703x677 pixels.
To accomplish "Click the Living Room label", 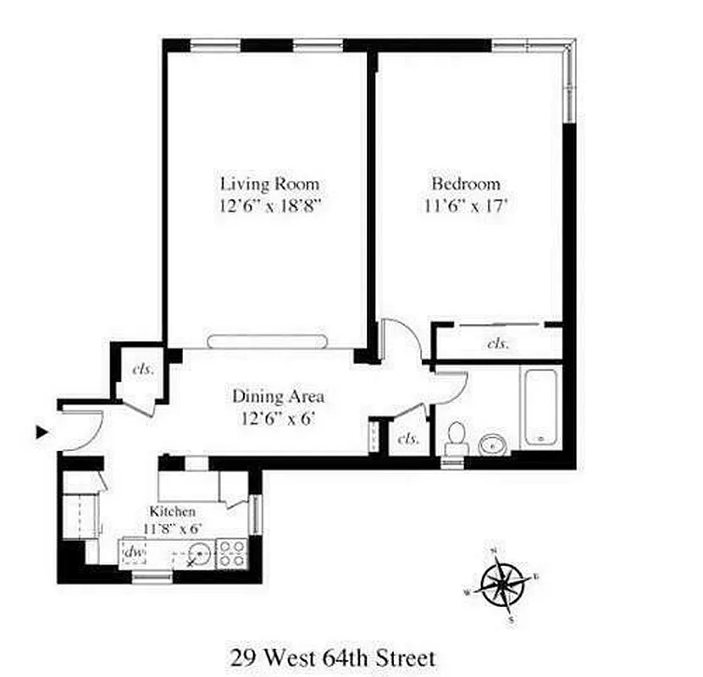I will click(x=270, y=184).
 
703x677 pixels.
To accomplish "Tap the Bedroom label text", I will click(x=466, y=184).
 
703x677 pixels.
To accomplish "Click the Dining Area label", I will click(x=279, y=395).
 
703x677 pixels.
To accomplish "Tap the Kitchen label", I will click(x=173, y=511).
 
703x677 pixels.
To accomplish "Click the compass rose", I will click(x=502, y=584).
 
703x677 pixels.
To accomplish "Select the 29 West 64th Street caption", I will click(x=333, y=657).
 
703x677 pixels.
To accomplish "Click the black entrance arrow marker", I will click(x=42, y=432).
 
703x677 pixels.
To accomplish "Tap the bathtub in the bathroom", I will click(x=540, y=406).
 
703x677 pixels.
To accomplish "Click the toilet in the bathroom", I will click(x=456, y=437).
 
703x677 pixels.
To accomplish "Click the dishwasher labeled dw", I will click(x=134, y=553).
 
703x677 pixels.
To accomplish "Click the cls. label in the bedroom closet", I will click(x=498, y=344).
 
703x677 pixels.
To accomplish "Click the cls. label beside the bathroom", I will click(x=409, y=438).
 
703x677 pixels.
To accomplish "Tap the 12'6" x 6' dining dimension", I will click(x=279, y=416).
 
